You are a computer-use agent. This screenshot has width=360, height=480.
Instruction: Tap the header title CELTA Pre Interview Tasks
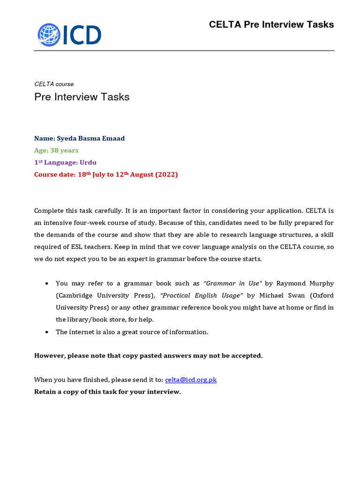(x=271, y=24)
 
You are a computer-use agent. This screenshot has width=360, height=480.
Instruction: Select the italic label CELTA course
(x=54, y=84)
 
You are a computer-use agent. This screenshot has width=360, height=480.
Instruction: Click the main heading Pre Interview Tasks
(x=82, y=97)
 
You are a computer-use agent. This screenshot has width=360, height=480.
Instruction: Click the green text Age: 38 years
(x=56, y=150)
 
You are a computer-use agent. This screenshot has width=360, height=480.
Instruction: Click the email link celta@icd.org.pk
(x=191, y=380)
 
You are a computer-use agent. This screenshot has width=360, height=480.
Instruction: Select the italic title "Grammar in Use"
(x=232, y=284)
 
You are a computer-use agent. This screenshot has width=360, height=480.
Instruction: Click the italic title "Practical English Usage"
(x=202, y=296)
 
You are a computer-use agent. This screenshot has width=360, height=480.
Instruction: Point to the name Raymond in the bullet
(x=291, y=284)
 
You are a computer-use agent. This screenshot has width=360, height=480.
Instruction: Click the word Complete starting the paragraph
(x=49, y=210)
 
